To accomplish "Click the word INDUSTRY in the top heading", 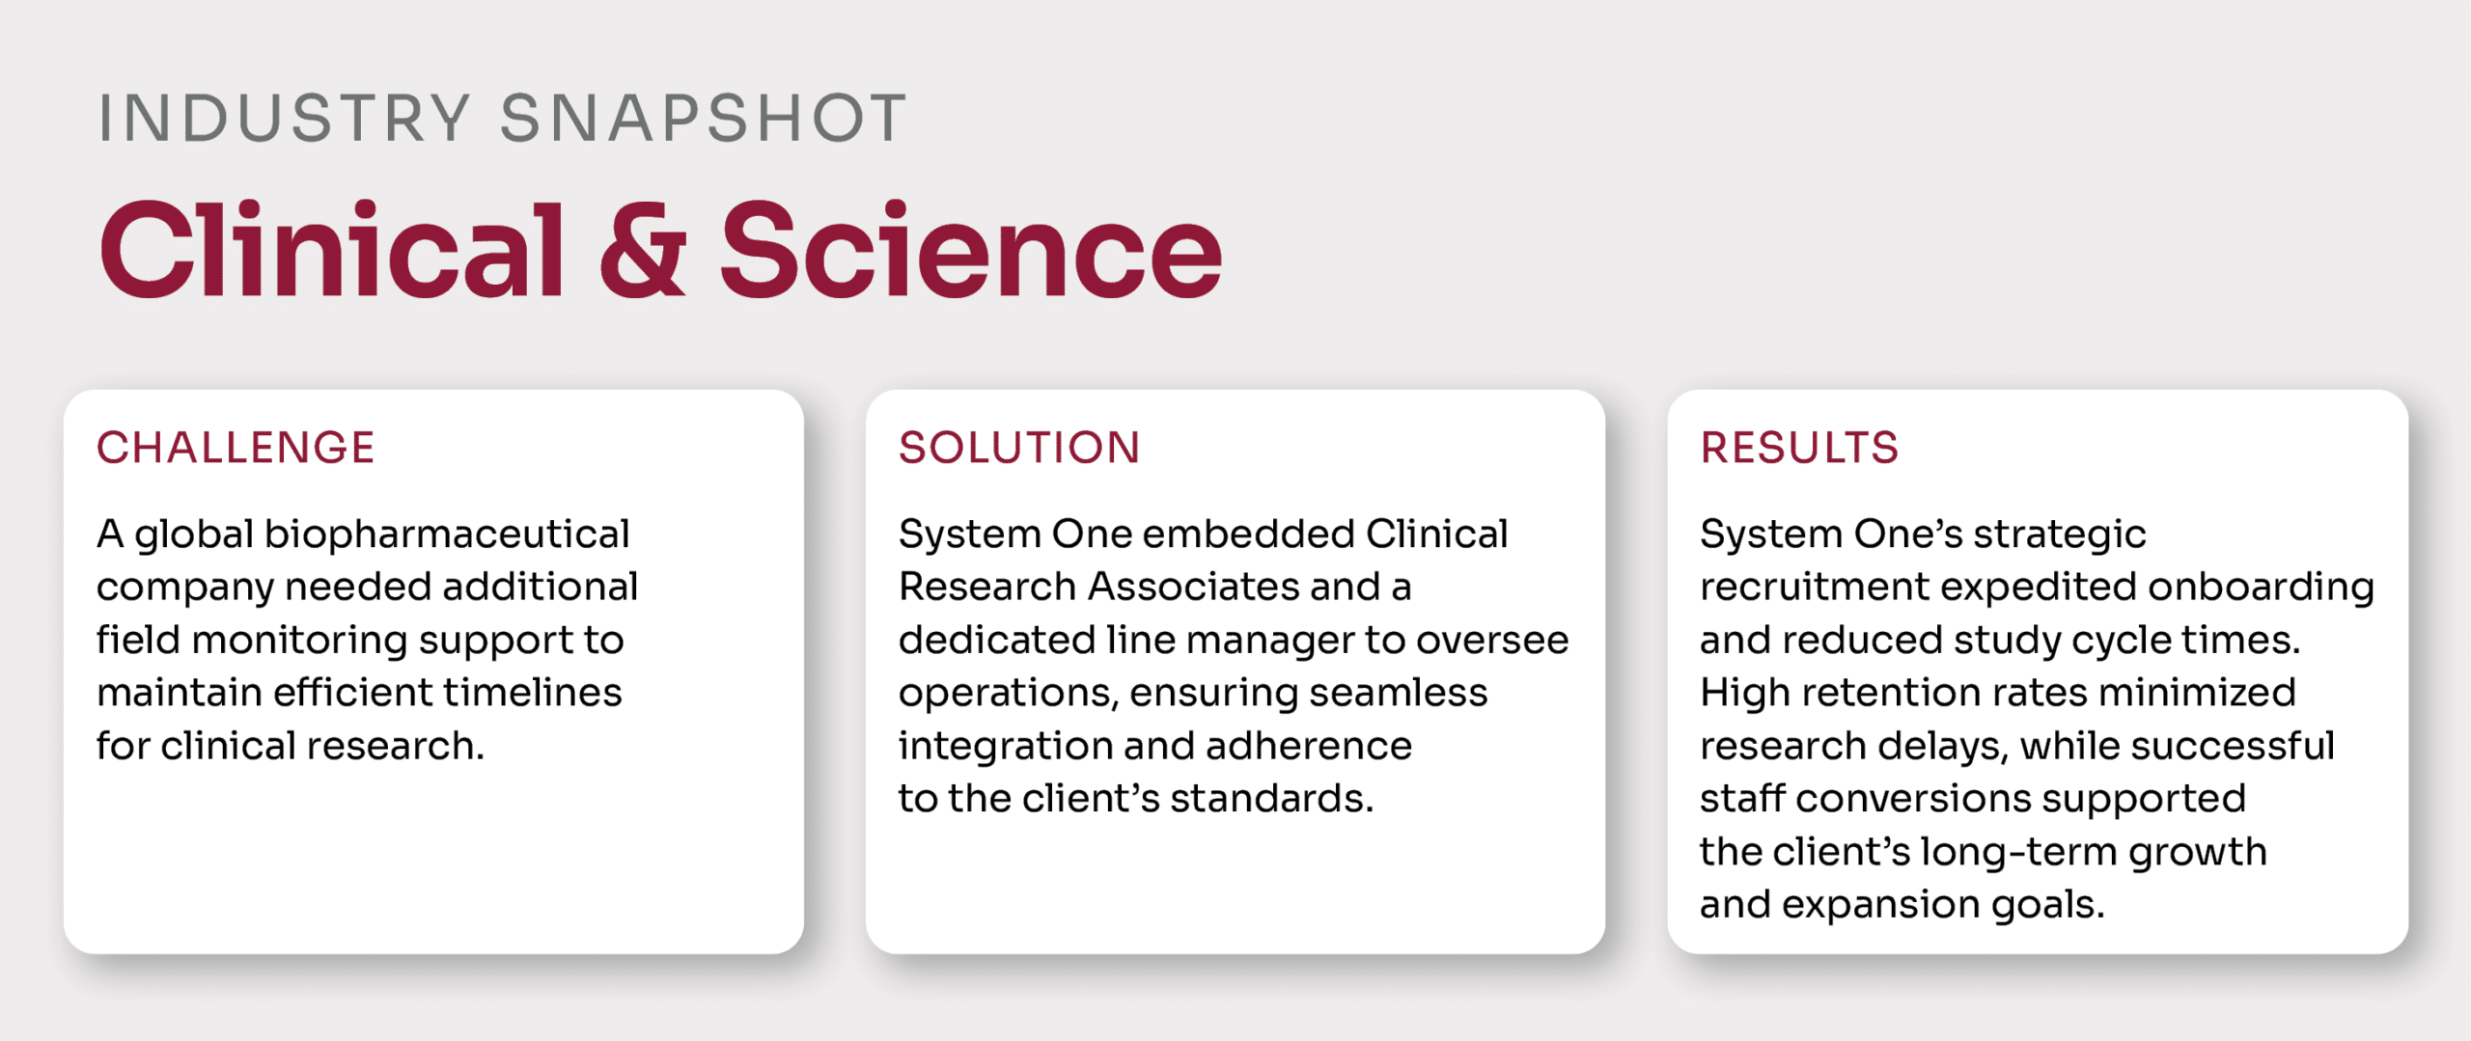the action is [285, 119].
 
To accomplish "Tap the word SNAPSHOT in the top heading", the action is [704, 119].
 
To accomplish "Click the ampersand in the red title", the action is [643, 250].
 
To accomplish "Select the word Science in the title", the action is [971, 250].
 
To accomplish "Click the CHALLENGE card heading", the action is [236, 448].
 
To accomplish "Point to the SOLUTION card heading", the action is [1019, 448].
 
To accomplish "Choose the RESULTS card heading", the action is [1799, 448].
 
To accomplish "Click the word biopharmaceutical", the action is [447, 535].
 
